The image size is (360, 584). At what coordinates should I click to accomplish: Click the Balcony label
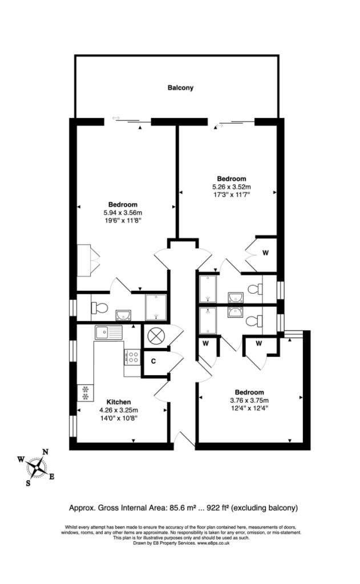(x=180, y=88)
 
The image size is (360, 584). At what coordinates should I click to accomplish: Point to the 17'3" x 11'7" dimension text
(x=231, y=194)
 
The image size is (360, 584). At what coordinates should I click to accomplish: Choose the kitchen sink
(x=108, y=331)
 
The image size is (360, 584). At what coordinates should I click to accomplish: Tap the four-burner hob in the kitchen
(x=132, y=357)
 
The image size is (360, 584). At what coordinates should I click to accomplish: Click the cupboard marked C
(x=153, y=362)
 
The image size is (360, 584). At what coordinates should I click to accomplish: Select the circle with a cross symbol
(x=156, y=336)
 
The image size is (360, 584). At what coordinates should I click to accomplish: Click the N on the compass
(x=45, y=452)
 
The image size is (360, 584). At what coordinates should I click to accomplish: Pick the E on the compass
(x=52, y=477)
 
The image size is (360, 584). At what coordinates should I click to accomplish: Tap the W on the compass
(x=21, y=459)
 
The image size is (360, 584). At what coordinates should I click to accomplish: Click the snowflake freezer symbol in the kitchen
(x=85, y=393)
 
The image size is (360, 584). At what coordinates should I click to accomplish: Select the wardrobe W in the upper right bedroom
(x=266, y=252)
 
